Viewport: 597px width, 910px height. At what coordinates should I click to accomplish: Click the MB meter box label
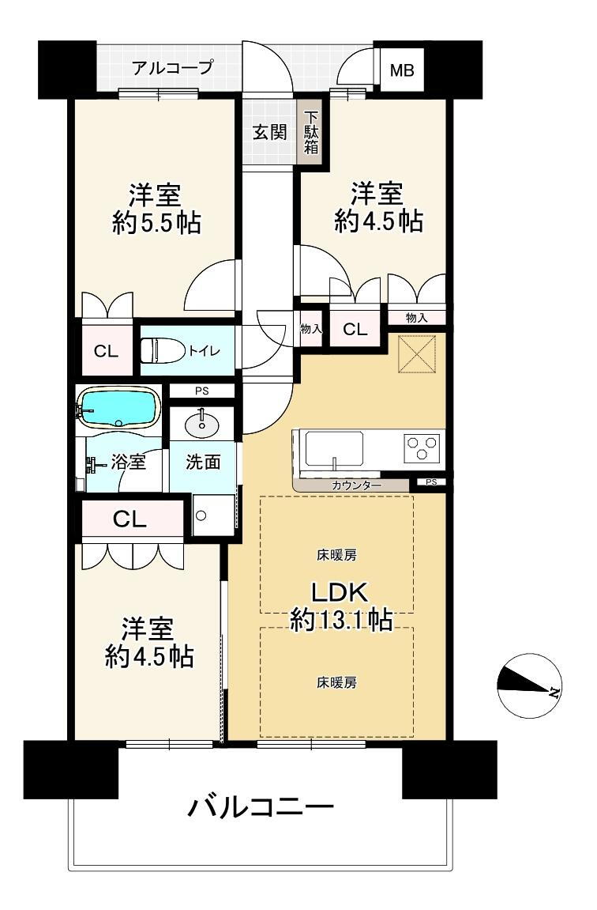(402, 70)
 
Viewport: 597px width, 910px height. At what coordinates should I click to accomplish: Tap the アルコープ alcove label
(172, 67)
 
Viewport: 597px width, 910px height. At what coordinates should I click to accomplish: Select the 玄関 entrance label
(269, 132)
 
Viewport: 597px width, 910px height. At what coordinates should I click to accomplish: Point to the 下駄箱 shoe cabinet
(311, 133)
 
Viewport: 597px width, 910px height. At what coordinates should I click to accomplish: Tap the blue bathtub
(118, 407)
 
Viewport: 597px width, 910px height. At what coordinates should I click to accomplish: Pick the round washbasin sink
(202, 425)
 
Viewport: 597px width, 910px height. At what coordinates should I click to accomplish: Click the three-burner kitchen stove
(422, 448)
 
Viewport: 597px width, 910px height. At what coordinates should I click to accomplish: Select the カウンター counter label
(356, 485)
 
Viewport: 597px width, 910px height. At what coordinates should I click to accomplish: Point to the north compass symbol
(528, 685)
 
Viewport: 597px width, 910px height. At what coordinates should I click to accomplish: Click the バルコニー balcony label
(261, 806)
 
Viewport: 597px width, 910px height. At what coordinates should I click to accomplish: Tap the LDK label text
(340, 592)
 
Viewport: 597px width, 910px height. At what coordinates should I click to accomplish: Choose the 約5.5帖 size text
(156, 222)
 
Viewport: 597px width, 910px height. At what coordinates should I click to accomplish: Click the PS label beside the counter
(431, 481)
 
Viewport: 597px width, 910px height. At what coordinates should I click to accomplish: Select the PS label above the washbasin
(201, 391)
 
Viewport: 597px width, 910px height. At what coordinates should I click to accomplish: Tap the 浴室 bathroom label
(128, 462)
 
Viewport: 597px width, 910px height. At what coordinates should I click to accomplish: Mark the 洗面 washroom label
(203, 462)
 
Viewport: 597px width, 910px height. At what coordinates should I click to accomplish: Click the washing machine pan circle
(201, 515)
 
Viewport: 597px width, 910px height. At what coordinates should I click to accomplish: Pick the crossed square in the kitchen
(417, 353)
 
